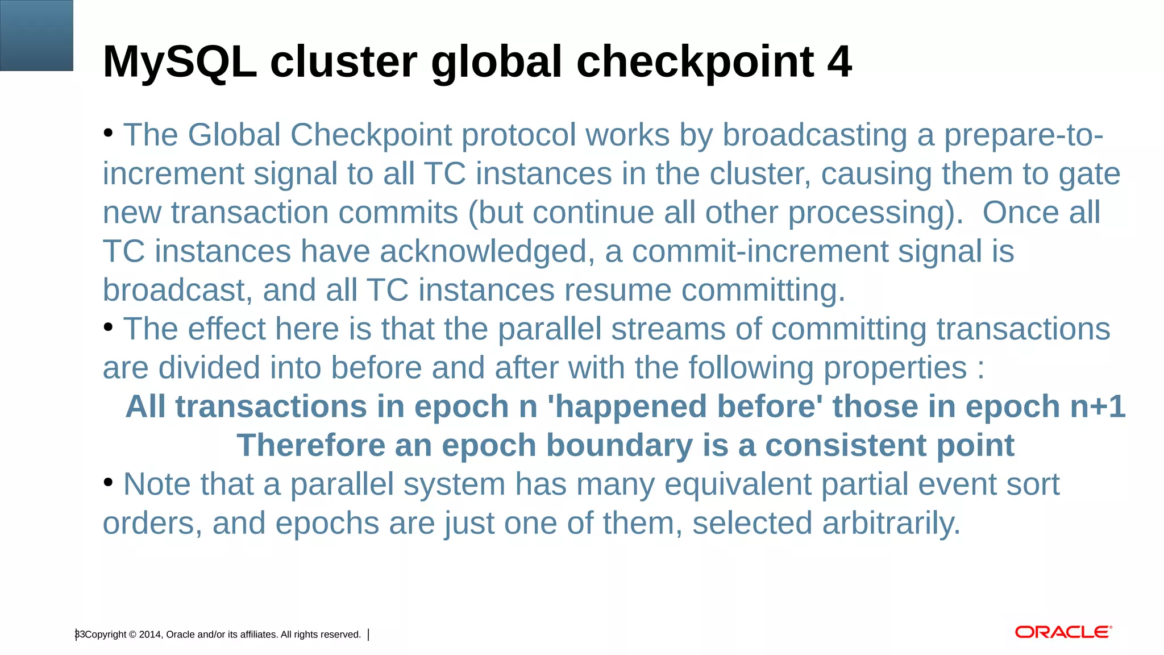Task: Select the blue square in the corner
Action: tap(36, 35)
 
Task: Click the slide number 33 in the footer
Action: tap(80, 634)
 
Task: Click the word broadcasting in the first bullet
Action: tap(814, 135)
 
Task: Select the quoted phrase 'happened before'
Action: tap(685, 407)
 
